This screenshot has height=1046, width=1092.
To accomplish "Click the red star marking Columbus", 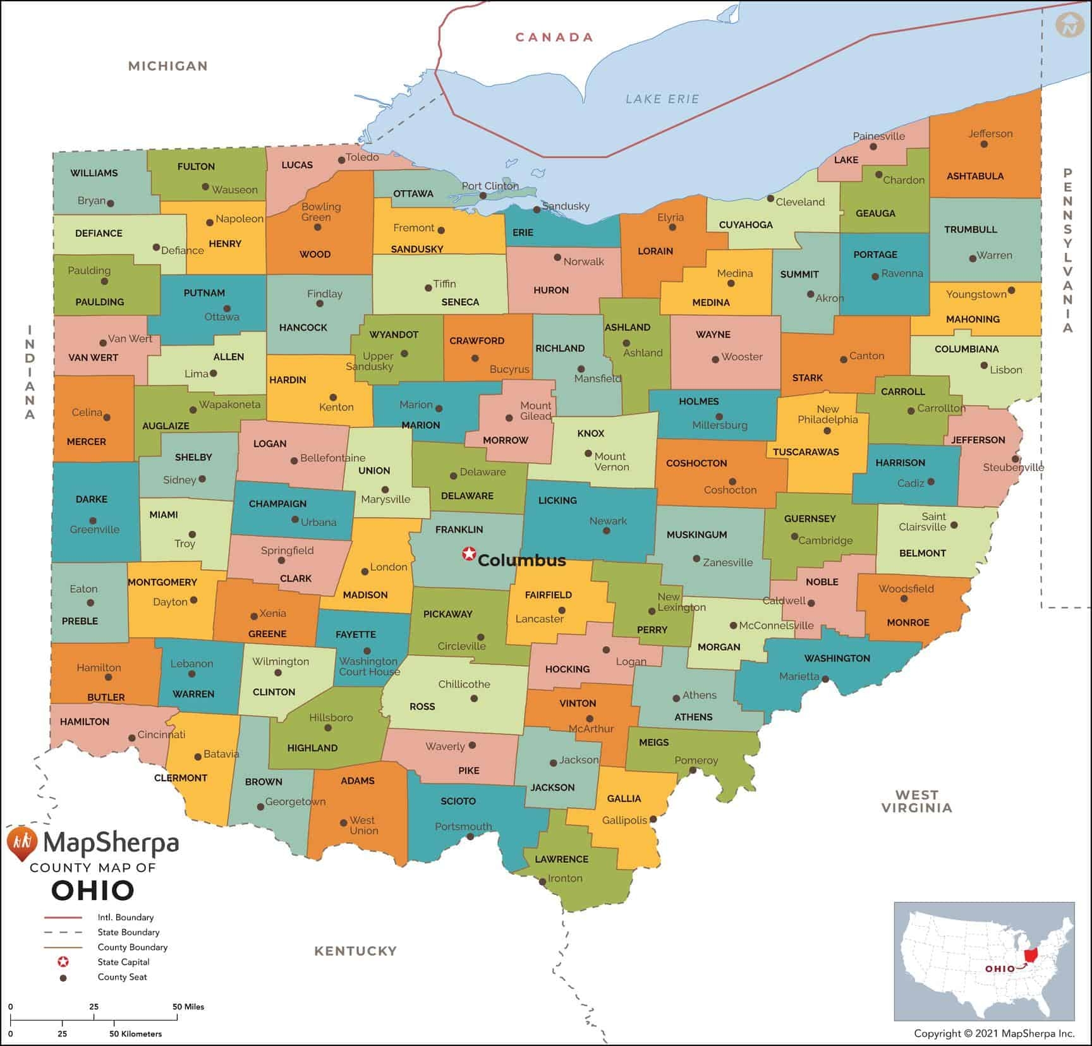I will click(x=468, y=554).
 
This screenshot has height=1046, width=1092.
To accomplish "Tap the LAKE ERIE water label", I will click(x=662, y=99).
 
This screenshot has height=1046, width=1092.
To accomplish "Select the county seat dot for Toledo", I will click(x=341, y=160).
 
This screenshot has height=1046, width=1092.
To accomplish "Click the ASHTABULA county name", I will click(x=974, y=176).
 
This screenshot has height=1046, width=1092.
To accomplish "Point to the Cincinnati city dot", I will click(x=131, y=738).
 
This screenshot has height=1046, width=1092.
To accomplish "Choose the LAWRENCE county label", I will click(x=561, y=859).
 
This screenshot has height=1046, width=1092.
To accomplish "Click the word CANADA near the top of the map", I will click(x=554, y=37).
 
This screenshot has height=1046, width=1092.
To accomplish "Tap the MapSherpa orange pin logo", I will click(x=20, y=842).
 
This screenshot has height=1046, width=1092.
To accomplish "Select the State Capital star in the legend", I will click(x=63, y=962).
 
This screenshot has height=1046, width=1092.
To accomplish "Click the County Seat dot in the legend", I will click(x=63, y=978).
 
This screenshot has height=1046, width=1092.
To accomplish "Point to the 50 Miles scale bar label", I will click(x=188, y=1007).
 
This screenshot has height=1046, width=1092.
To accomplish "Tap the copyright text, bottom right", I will click(x=993, y=1034).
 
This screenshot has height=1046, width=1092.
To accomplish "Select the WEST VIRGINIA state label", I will click(x=916, y=801).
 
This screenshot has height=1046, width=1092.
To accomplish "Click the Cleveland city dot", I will click(x=770, y=198).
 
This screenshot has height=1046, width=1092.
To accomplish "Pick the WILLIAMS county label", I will click(x=94, y=173).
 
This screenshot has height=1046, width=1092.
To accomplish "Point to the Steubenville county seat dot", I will click(x=1015, y=459).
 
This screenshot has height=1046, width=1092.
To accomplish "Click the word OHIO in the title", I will click(x=93, y=891).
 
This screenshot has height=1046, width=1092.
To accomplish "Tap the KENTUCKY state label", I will click(x=355, y=951).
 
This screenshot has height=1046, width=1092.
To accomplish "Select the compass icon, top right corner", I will click(x=1069, y=25).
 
